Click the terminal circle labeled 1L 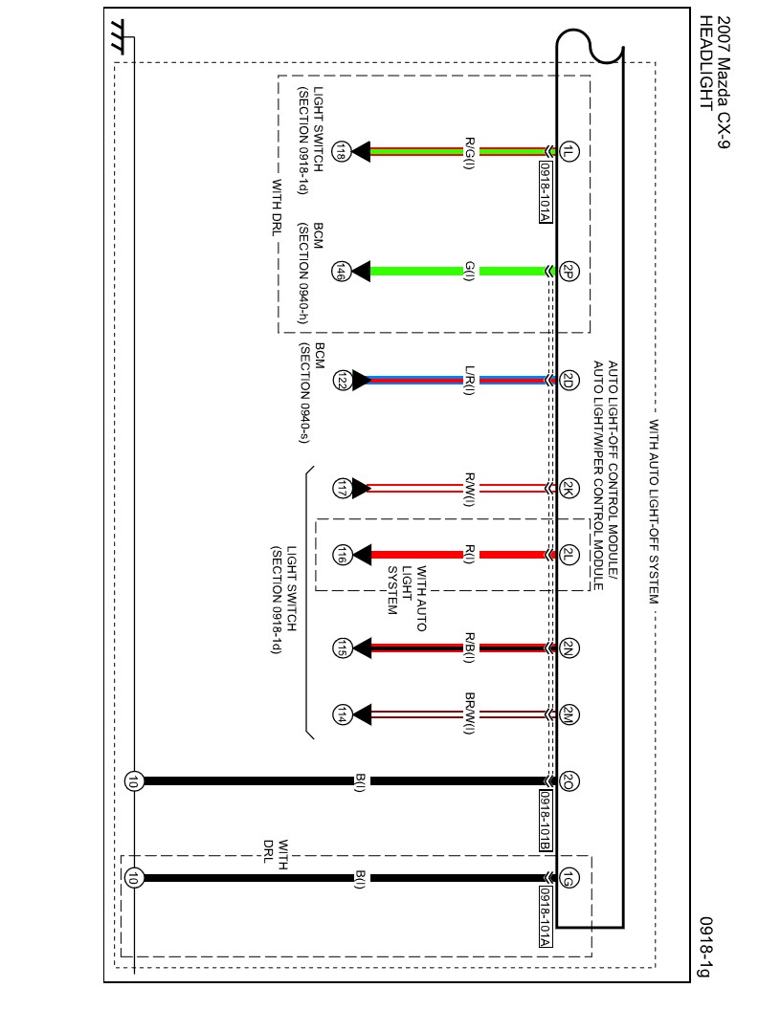point(569,150)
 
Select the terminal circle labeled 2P point(569,271)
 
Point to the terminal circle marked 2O point(569,780)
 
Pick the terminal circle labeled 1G point(569,877)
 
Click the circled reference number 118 point(340,150)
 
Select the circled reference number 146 point(340,271)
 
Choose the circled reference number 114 point(340,714)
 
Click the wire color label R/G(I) point(470,150)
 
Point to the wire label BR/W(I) point(470,714)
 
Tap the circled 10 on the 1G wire point(133,877)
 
